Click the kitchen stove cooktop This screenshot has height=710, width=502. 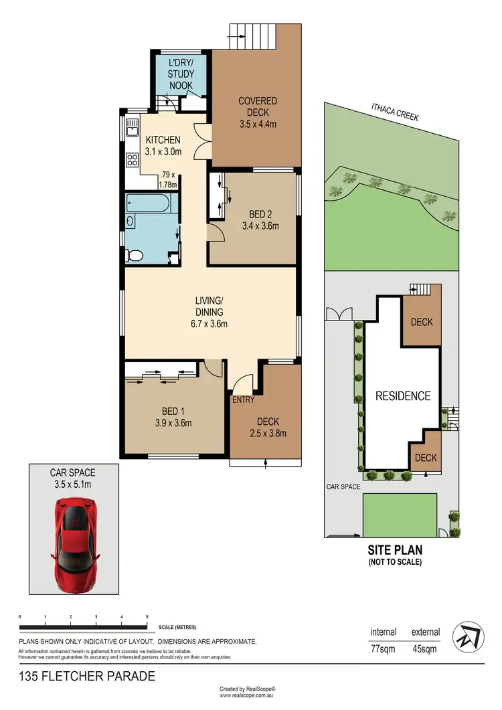click(x=131, y=161)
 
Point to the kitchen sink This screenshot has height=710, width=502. click(x=131, y=127)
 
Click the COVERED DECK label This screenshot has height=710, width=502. click(x=258, y=106)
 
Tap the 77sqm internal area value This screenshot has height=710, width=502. click(x=384, y=648)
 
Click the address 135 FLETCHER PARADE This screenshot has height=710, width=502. click(x=88, y=677)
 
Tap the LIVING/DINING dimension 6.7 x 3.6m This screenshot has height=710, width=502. click(x=210, y=325)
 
